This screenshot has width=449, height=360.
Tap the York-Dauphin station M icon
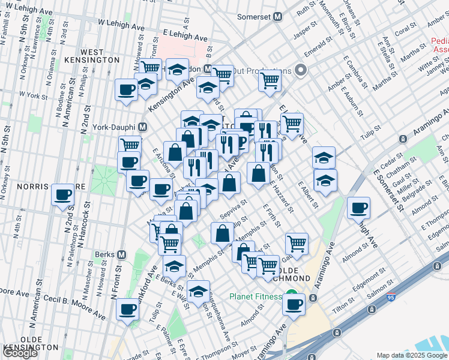[143, 127]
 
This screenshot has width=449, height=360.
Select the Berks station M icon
[122, 254]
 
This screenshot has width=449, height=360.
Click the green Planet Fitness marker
[291, 296]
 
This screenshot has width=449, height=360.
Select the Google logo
[20, 353]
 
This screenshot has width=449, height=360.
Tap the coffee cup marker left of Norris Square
[63, 194]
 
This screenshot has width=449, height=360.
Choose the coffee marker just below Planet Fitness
[294, 304]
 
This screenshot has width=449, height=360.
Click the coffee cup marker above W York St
[127, 89]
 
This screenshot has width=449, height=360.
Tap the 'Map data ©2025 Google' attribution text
[412, 355]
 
